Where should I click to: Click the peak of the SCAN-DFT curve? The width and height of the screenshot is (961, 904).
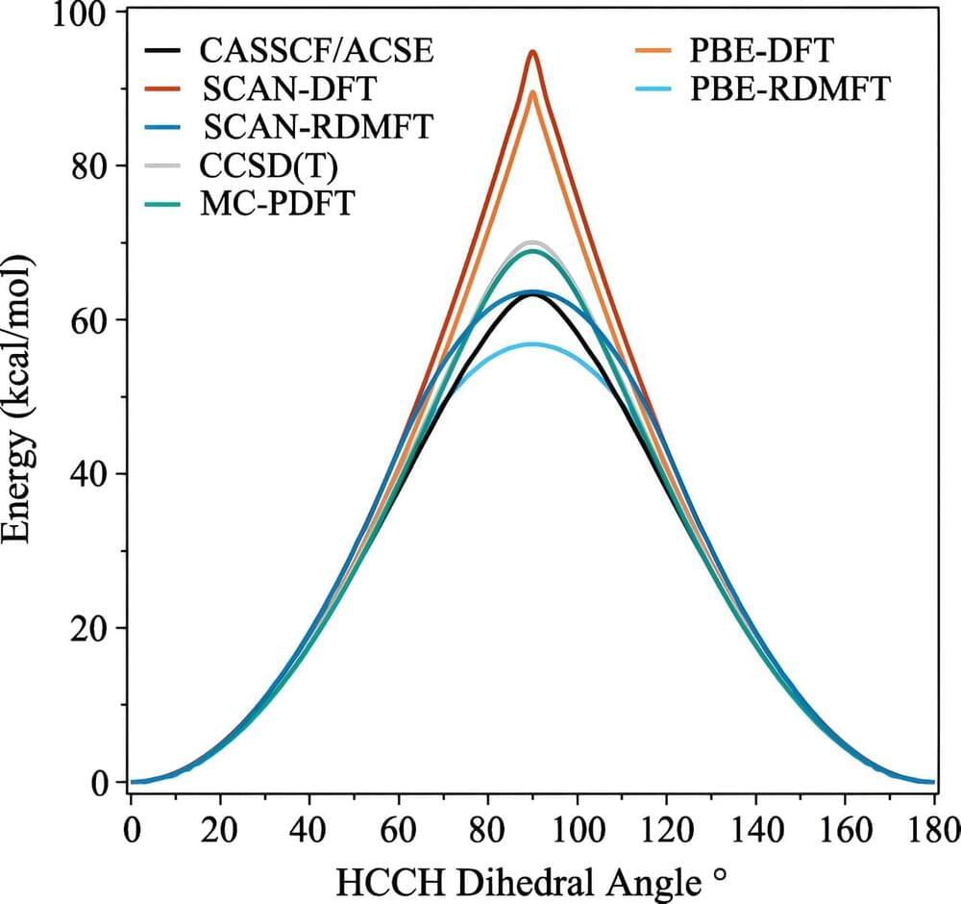point(531,52)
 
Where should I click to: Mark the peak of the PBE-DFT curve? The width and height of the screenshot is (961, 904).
point(531,91)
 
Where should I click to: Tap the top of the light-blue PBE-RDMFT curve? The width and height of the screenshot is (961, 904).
point(531,343)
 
